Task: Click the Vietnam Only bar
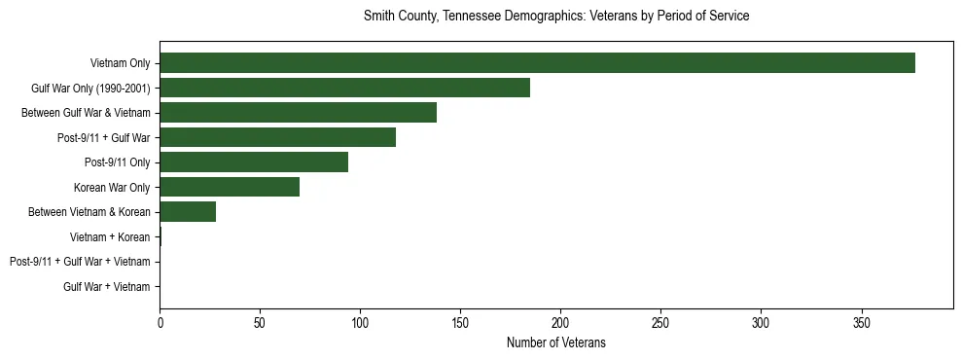pos(537,62)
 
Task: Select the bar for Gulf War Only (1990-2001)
pos(344,88)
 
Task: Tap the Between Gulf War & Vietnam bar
pos(298,113)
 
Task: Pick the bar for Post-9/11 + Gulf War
pos(277,137)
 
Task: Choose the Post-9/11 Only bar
pos(254,162)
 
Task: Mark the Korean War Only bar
pos(230,187)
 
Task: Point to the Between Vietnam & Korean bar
pos(188,212)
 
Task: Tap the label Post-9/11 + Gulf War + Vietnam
pos(80,262)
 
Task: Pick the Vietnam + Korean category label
pos(110,236)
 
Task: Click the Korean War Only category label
pos(112,187)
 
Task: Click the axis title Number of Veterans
pos(555,342)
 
